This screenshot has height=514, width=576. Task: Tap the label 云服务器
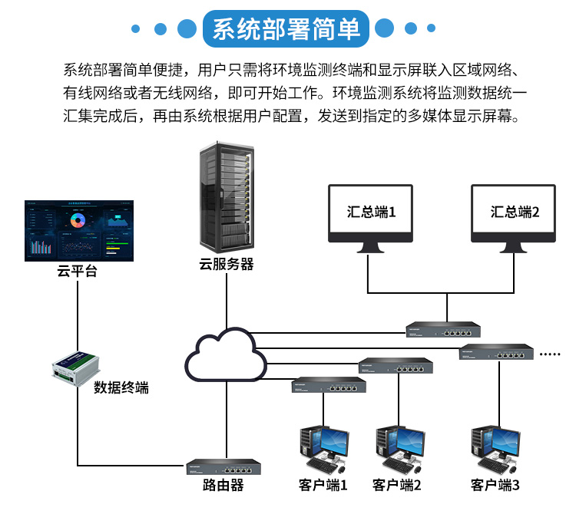click(x=226, y=265)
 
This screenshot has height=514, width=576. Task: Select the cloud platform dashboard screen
click(x=78, y=230)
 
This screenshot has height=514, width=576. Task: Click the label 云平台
click(x=77, y=271)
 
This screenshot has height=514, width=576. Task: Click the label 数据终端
click(x=121, y=388)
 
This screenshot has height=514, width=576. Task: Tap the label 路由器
click(x=223, y=486)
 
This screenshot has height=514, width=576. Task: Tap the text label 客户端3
click(x=495, y=486)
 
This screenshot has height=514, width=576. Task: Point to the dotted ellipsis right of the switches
click(x=551, y=354)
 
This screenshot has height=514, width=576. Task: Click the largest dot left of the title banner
click(x=185, y=29)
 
